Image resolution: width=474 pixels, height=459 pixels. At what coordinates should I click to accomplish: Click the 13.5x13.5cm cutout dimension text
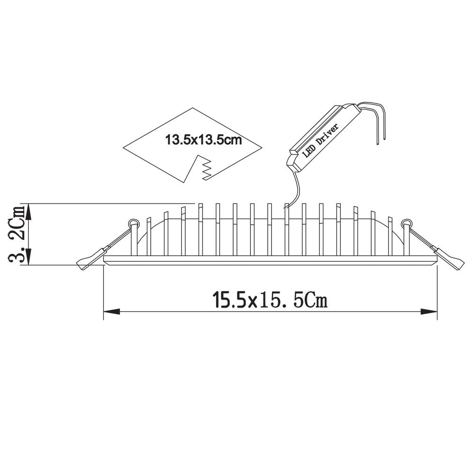point(203,140)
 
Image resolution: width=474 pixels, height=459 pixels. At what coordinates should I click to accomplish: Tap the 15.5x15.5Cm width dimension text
point(270,300)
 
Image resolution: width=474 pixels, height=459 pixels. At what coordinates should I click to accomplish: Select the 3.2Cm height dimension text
point(17,235)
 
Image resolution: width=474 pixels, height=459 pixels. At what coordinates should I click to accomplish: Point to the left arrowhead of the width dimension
point(111,311)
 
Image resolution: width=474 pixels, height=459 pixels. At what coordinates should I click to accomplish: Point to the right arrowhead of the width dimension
point(429,311)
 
